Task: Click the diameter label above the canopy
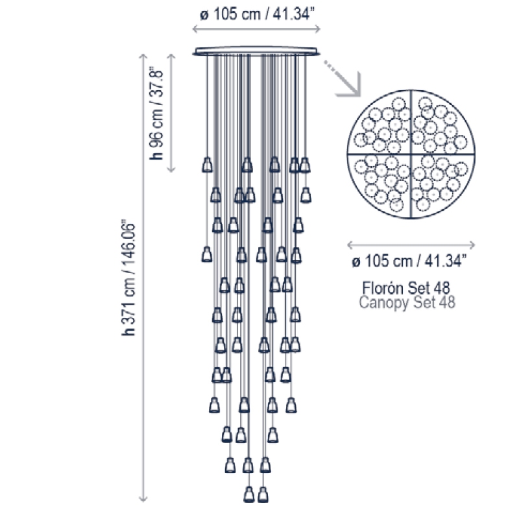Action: (257, 14)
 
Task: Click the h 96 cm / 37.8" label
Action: (156, 115)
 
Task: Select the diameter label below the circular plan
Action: (409, 261)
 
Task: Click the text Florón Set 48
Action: (406, 288)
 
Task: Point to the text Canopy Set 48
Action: (407, 302)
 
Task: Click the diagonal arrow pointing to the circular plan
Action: (343, 78)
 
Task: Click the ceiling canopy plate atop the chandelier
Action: (256, 51)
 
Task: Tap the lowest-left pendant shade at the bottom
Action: (249, 494)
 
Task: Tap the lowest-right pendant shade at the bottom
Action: (263, 494)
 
